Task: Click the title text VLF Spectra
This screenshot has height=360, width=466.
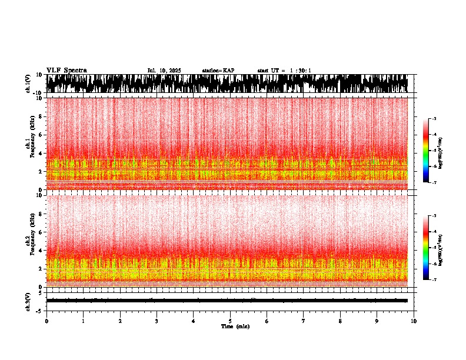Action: click(x=66, y=70)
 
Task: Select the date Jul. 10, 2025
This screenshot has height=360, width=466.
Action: click(x=164, y=71)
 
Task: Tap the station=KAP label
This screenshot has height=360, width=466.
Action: click(x=218, y=71)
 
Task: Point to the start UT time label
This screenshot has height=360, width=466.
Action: click(x=284, y=71)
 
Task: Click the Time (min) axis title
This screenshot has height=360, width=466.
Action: click(x=230, y=326)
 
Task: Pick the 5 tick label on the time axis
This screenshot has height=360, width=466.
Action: click(x=230, y=321)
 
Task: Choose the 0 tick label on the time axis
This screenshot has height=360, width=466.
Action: click(x=46, y=321)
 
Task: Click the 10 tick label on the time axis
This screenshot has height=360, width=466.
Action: click(x=414, y=321)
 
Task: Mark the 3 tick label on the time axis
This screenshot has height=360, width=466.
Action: click(x=157, y=321)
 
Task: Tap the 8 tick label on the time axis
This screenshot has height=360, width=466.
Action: click(x=340, y=321)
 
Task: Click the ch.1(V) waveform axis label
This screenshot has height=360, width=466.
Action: click(x=28, y=84)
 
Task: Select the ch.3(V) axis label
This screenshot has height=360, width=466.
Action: click(x=28, y=300)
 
